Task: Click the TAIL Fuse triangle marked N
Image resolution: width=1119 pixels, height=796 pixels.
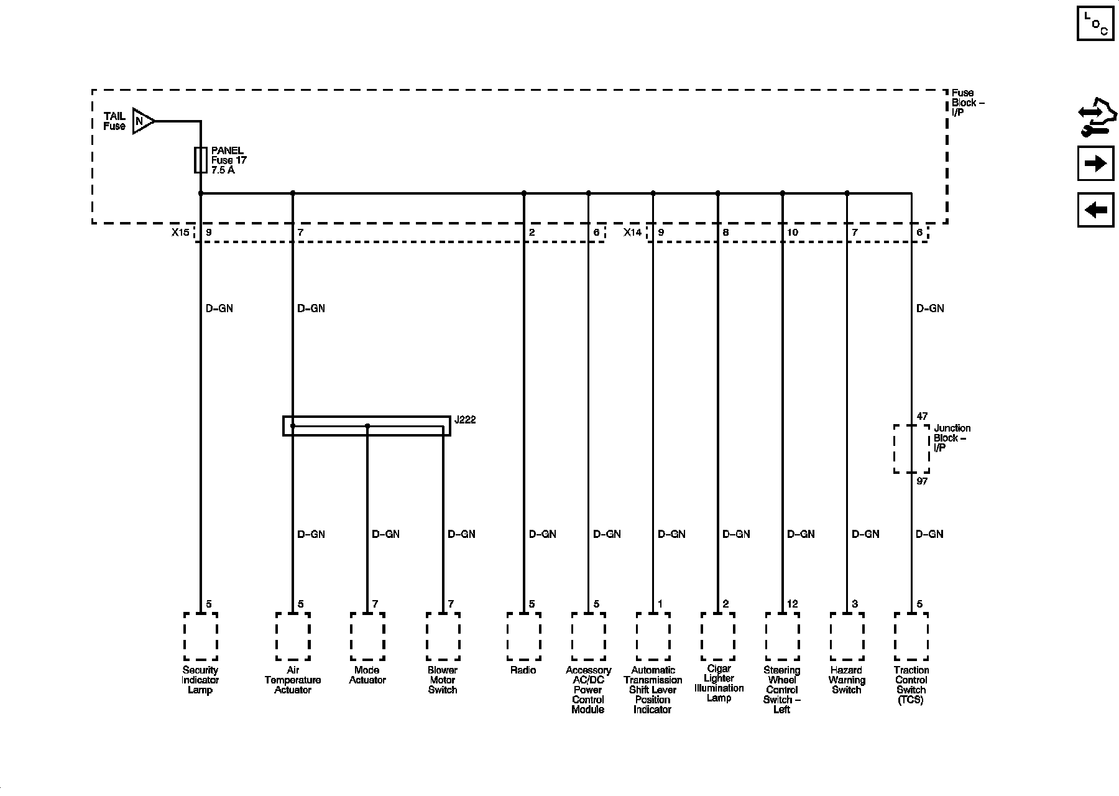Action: tap(142, 121)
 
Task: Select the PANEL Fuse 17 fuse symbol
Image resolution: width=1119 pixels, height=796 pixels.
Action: tap(201, 160)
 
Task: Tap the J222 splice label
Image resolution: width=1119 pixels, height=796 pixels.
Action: tap(465, 420)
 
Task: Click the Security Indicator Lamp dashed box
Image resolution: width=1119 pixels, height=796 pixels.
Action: tap(201, 637)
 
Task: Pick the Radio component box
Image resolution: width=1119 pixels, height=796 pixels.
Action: tap(523, 637)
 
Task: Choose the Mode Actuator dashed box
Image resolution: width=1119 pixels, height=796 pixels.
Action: tap(367, 637)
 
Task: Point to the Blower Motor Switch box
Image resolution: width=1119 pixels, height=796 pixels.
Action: tap(443, 637)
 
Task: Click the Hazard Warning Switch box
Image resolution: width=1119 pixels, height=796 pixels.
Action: tap(847, 637)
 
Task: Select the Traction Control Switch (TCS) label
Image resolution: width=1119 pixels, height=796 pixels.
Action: tap(911, 685)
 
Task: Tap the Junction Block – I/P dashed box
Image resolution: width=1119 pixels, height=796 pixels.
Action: tap(911, 449)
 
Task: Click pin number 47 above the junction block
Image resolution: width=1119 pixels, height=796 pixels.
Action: tap(922, 416)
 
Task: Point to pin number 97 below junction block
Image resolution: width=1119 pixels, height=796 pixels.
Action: tap(922, 481)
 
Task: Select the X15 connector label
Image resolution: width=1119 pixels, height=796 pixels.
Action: tap(180, 233)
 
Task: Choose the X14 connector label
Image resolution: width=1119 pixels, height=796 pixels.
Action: tap(632, 233)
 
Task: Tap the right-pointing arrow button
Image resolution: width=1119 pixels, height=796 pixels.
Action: tap(1095, 164)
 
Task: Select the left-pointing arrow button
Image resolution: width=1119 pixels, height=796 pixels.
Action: tap(1095, 210)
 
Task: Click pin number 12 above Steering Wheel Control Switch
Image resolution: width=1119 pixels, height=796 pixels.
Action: tap(792, 604)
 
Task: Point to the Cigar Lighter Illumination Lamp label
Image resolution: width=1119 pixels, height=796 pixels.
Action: tap(719, 683)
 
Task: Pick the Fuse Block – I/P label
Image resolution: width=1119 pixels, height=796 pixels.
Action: tap(967, 103)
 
